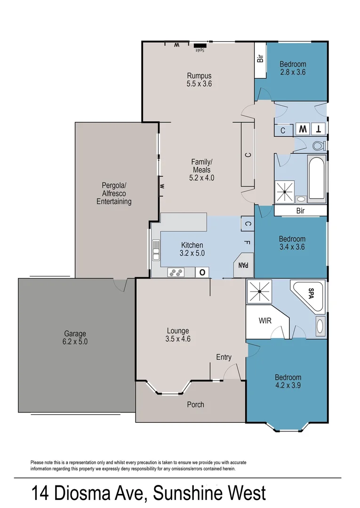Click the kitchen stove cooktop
176,272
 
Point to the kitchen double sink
155,250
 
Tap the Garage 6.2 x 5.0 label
75,338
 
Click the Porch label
195,404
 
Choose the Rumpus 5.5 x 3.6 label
199,80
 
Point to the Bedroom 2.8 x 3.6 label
293,68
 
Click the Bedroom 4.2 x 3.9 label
288,381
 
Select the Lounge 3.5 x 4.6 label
178,334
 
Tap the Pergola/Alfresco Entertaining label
114,193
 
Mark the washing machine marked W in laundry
302,129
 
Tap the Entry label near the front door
224,357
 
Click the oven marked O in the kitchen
203,272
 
